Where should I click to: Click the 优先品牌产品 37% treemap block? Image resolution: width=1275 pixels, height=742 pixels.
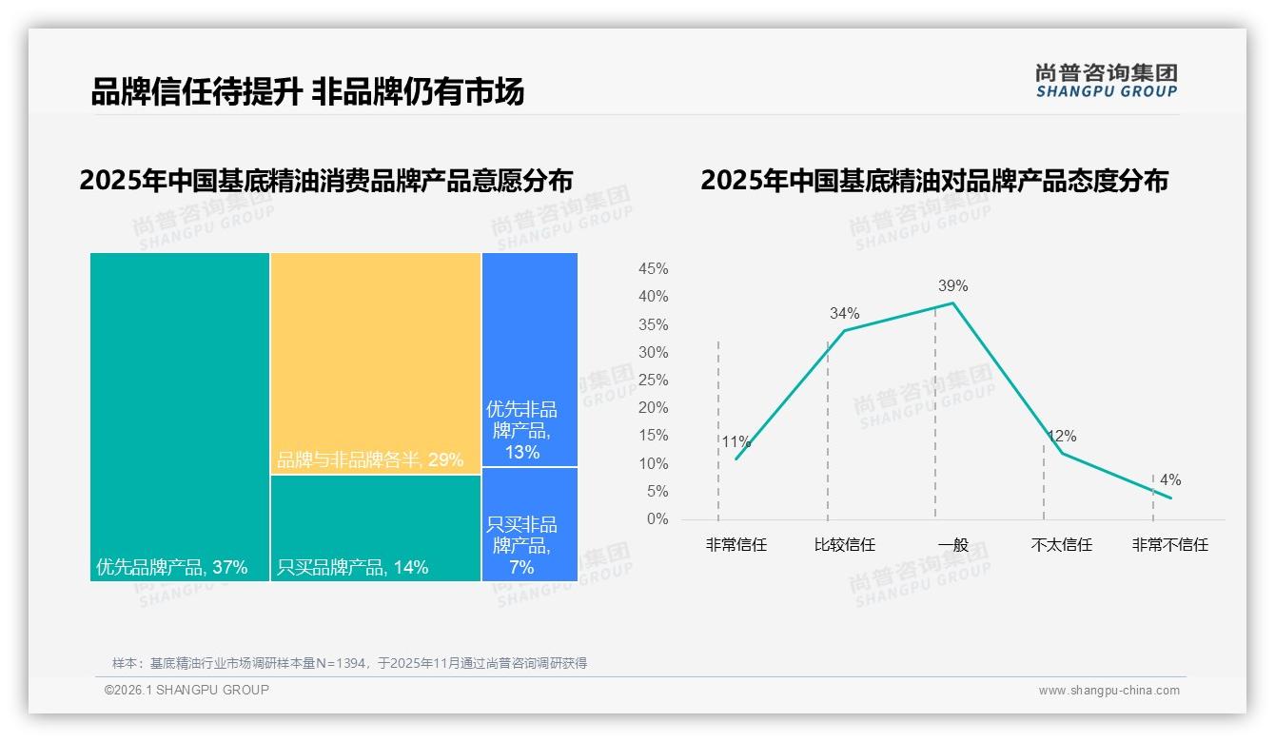180,416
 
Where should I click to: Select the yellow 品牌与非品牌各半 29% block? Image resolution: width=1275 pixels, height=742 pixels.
376,362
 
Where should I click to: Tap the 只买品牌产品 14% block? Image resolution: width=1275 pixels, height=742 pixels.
376,528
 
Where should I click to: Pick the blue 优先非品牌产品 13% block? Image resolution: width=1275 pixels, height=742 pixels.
530,360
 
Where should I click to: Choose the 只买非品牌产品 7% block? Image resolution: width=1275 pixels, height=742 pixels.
530,524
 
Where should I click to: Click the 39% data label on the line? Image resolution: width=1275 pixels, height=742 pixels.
952,285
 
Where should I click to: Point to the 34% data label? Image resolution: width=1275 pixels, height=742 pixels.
844,313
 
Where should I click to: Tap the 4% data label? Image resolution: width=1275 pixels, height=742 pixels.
1170,480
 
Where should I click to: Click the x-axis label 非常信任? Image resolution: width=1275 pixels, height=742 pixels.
736,545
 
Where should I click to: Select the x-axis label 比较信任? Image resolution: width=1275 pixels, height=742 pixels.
844,545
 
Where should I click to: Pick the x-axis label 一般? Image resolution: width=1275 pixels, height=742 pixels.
952,545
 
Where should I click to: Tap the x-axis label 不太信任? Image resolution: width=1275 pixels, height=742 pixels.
1061,545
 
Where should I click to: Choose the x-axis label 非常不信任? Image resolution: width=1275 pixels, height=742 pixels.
1169,545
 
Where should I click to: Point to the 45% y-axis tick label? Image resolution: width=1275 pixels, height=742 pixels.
653,269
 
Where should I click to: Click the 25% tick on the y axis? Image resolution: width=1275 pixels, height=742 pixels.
653,381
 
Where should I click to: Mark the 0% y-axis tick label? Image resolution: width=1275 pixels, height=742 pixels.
657,519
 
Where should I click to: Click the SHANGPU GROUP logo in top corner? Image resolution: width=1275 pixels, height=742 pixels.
1106,81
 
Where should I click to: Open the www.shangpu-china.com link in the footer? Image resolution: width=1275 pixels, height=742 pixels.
1108,690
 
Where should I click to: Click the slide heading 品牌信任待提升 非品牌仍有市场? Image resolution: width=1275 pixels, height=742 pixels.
307,92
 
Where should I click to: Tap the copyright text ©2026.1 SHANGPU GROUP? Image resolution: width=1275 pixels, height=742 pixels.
186,690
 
